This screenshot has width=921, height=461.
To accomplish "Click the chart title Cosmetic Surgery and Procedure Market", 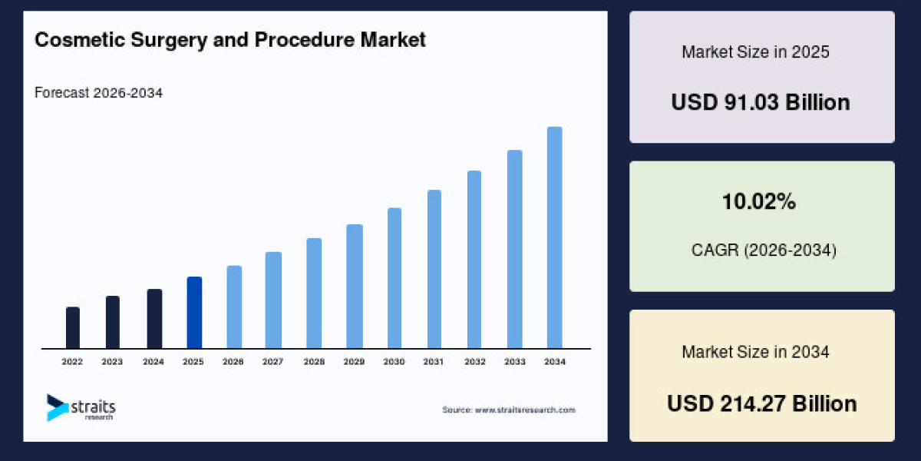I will tap(230, 40).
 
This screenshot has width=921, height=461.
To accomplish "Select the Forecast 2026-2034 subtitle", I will tap(98, 93).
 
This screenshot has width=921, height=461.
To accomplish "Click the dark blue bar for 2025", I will tap(194, 312).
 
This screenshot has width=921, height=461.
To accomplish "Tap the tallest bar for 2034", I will tap(554, 237).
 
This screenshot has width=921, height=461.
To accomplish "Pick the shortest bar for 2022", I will tap(73, 327).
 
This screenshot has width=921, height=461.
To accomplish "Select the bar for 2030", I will tap(394, 277).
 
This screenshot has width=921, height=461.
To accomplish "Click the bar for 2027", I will tap(273, 300).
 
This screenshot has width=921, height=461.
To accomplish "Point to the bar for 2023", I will tap(113, 322).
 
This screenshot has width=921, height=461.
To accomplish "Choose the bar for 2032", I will tap(474, 259).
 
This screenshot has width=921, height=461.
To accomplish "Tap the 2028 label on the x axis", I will tap(313, 361).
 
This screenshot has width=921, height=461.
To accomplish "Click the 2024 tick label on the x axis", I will tap(153, 361).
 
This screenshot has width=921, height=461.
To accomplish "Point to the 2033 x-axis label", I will tap(514, 361).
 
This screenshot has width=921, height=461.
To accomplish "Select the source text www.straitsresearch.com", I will tap(508, 410).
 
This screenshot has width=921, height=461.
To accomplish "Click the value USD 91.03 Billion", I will tap(761, 102).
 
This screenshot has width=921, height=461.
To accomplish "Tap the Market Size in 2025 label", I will tap(755, 52).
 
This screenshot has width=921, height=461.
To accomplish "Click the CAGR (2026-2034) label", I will tap(761, 250).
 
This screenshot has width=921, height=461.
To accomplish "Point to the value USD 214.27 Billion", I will tap(761, 403).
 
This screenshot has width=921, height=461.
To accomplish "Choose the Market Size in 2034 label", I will tap(755, 352).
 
